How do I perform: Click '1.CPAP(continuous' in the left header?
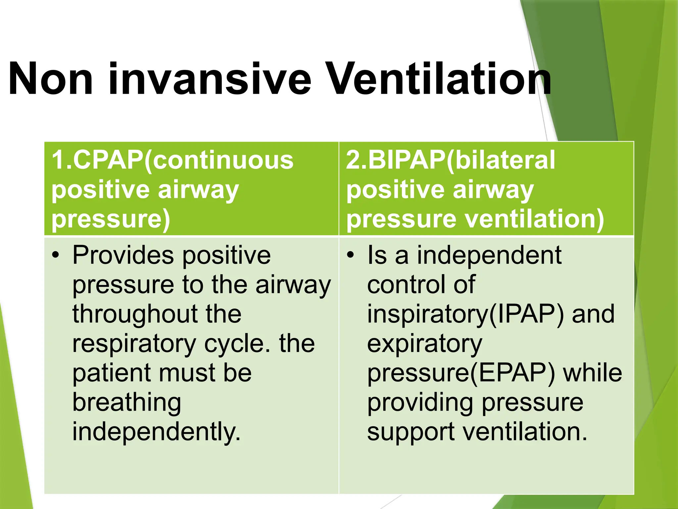point(172,160)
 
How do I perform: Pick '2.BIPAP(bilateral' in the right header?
point(450,160)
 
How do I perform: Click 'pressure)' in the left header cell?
point(111,220)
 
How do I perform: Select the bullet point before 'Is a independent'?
point(350,255)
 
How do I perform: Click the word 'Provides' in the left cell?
point(123,255)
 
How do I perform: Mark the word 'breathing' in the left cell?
point(127,403)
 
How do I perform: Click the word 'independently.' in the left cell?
point(156,432)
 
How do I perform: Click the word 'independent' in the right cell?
point(489,255)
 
